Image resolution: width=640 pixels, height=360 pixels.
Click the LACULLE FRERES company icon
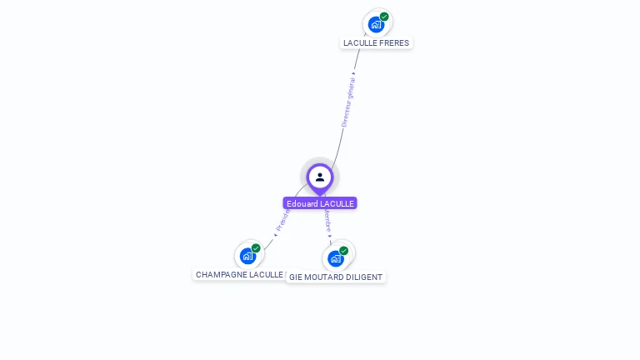click(376, 24)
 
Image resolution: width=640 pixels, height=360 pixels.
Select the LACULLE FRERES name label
click(376, 42)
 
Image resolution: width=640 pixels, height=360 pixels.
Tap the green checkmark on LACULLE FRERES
click(384, 17)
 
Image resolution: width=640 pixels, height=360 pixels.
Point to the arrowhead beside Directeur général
click(354, 74)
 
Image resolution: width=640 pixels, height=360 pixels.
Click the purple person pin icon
click(320, 177)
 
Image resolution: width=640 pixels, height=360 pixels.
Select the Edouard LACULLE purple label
click(320, 203)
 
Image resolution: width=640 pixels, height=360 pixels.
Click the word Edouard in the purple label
click(302, 203)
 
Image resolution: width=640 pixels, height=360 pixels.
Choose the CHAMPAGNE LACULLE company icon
click(247, 256)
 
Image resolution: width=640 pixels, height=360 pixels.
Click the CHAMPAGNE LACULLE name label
click(239, 274)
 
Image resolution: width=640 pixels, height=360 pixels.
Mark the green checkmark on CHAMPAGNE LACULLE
click(256, 248)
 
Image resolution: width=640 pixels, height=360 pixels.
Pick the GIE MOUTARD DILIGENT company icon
click(336, 258)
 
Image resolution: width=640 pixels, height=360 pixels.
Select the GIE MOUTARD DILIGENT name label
click(336, 277)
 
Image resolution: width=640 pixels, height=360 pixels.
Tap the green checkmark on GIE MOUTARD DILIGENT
click(343, 251)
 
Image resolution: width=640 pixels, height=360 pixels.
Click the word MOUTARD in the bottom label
click(321, 277)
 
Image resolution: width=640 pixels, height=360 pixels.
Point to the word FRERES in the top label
click(394, 42)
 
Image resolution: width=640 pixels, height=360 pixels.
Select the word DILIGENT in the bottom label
click(362, 277)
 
